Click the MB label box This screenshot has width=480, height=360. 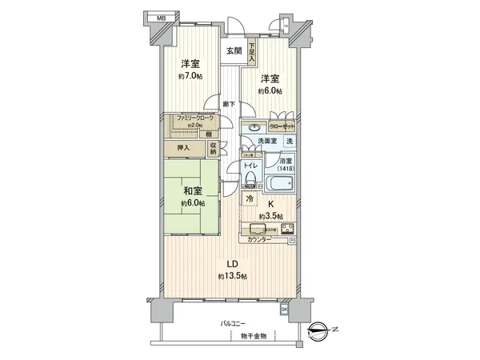click(162, 18)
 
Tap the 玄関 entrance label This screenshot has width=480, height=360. click(234, 51)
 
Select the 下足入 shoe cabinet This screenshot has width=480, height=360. click(251, 53)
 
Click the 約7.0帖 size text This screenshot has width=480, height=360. click(190, 77)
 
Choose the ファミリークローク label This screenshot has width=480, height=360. click(190, 118)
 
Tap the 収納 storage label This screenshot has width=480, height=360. click(214, 148)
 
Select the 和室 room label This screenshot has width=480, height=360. click(190, 192)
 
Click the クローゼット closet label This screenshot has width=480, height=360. click(282, 126)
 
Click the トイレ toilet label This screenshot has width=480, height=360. click(250, 166)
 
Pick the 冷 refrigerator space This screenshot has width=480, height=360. click(250, 198)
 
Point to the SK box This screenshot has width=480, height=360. click(284, 309)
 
